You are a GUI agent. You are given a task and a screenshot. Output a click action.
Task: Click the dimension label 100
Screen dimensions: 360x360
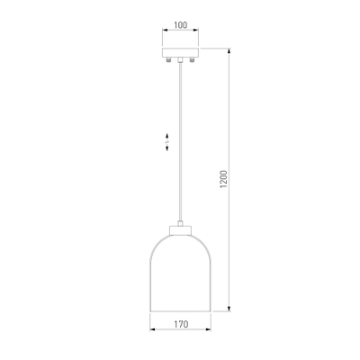point(180,25)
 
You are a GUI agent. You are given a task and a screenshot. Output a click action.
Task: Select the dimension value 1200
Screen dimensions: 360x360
point(224,179)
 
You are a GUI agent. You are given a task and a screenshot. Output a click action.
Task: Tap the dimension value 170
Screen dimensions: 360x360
point(181,324)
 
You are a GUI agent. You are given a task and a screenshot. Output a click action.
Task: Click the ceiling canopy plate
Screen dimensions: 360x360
point(180,52)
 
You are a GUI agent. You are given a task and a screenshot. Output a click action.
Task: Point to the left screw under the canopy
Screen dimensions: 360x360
point(169,60)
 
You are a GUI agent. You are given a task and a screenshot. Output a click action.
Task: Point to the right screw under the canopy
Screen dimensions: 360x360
point(192,60)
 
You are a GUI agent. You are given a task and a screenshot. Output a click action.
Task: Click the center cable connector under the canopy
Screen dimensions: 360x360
point(180,60)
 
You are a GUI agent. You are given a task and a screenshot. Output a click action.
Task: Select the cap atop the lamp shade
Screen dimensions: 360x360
point(180,230)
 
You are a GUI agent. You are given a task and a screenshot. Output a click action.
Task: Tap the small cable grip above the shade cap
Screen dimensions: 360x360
point(180,223)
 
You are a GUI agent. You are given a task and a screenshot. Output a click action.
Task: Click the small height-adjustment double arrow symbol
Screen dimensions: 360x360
point(167,142)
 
